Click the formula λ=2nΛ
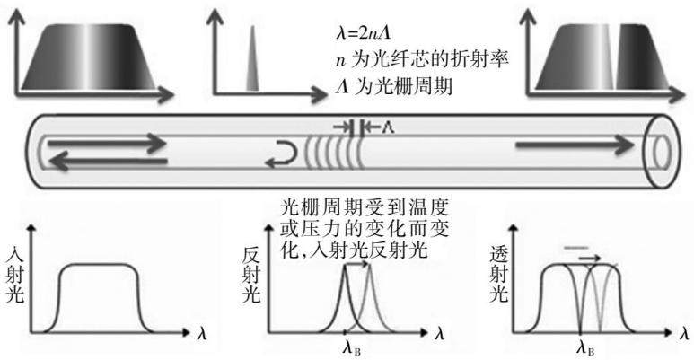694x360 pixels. pos(363,33)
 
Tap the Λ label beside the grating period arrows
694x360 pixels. pos(388,127)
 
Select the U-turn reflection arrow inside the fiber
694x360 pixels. pos(283,154)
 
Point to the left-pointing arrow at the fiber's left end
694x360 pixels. pos(107,162)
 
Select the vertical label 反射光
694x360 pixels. pos(251,276)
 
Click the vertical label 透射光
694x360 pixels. pos(499,276)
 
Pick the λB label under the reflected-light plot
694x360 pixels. pos(351,347)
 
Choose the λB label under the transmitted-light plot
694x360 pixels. pos(585,347)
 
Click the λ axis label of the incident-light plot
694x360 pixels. pos(201,333)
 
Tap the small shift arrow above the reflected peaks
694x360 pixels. pos(356,264)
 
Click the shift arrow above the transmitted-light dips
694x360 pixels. pos(591,258)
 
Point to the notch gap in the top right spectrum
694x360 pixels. pos(613,57)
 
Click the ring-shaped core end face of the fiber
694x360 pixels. pos(662,152)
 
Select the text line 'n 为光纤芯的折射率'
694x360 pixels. pos(422,59)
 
